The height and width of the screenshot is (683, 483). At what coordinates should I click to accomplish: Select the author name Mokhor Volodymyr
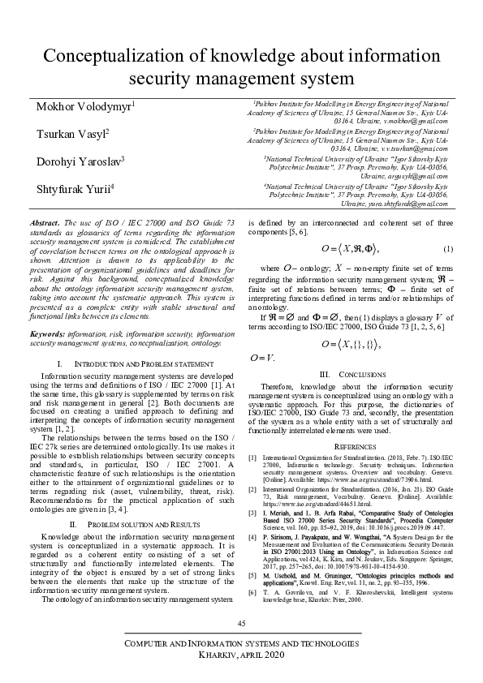pos(84,107)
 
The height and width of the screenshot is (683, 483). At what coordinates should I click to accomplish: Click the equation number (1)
pos(446,247)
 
